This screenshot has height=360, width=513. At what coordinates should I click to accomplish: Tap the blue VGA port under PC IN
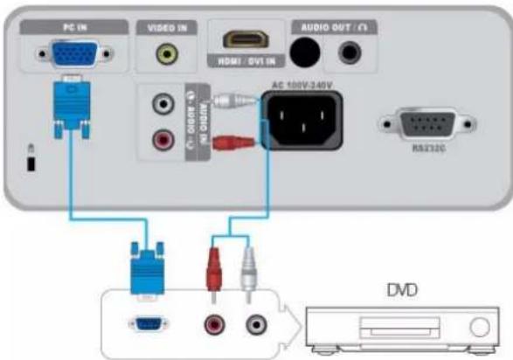coord(72,56)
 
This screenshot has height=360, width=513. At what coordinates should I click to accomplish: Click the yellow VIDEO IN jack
coord(163,55)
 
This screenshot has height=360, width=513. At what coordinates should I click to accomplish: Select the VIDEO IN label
coord(162,28)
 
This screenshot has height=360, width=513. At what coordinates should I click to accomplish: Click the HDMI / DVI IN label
coord(239,61)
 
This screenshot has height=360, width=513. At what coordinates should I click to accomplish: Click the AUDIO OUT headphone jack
coord(351,54)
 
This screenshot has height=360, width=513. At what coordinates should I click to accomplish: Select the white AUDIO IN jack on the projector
coord(163,104)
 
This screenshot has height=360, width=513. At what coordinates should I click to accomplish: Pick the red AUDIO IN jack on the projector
coord(163,138)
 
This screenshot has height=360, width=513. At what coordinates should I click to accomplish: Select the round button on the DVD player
coord(479,329)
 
